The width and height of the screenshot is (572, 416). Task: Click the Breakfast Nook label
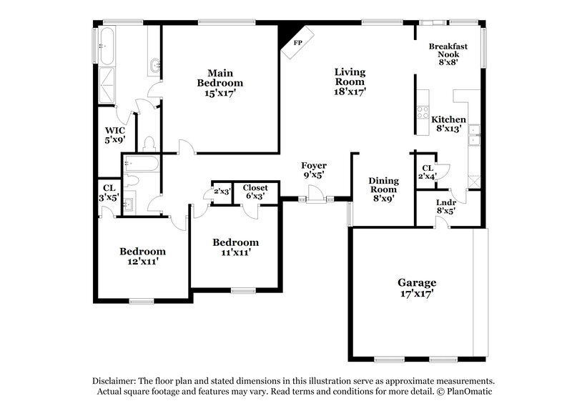coord(443,54)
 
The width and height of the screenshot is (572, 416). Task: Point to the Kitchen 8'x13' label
coord(449,124)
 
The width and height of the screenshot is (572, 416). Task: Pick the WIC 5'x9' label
coord(115,136)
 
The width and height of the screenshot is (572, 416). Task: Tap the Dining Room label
coord(383,190)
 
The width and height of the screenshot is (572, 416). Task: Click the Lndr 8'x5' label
coord(445,206)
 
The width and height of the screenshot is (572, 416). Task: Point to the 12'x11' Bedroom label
coord(142,257)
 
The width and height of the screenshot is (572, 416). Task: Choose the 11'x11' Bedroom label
coord(235,247)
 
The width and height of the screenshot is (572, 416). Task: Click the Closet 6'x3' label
coord(255,192)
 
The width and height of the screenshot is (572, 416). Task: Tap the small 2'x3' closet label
coord(222,192)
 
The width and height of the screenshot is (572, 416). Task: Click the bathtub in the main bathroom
coord(107,46)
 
